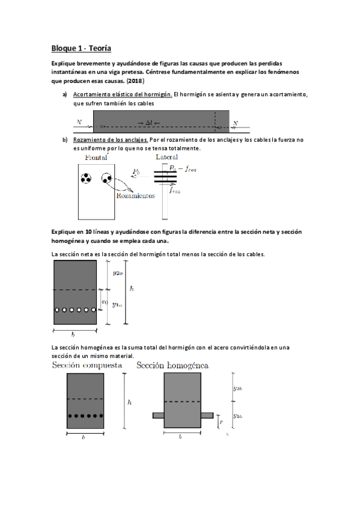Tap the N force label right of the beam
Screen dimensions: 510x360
pos(236,124)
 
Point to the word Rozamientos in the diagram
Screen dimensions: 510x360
pos(136,195)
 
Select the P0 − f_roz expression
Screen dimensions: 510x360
pos(183,168)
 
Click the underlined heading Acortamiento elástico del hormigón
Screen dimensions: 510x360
pos(123,95)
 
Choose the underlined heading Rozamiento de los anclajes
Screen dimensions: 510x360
pos(111,140)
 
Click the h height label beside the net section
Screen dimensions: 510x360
pos(132,289)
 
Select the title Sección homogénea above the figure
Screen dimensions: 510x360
pos(172,365)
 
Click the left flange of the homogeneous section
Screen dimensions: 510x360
pos(158,415)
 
